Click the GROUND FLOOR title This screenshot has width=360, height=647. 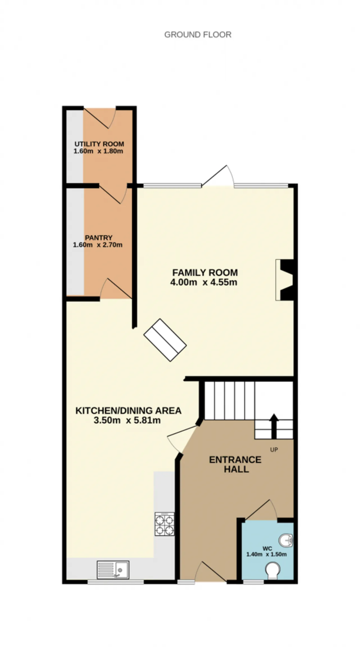click(198, 35)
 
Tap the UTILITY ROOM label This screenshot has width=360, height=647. click(99, 144)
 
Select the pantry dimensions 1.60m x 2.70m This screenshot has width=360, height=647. click(98, 245)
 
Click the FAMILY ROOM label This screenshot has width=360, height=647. click(205, 272)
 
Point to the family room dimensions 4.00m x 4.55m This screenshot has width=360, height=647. click(204, 282)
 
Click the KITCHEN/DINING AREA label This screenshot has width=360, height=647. click(129, 411)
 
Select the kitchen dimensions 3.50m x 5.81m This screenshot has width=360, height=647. click(127, 421)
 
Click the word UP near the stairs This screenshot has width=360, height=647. click(274, 450)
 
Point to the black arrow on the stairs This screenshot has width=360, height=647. click(274, 426)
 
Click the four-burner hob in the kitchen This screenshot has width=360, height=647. click(165, 524)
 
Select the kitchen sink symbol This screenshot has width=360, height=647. click(113, 570)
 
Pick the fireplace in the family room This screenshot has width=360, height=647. click(285, 280)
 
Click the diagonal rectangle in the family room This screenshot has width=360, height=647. click(165, 340)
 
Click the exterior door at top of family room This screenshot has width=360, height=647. click(218, 176)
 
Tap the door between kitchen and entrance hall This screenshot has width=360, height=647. click(183, 439)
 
